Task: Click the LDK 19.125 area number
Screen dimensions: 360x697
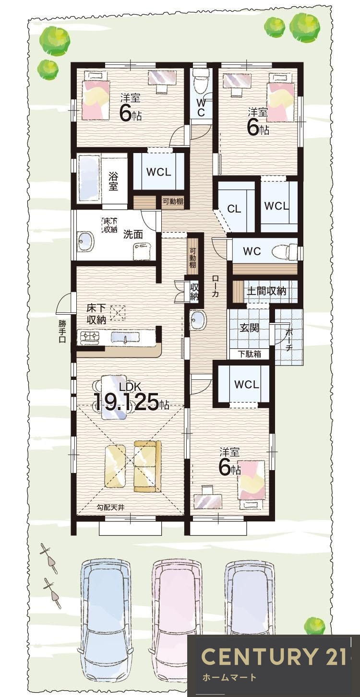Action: tap(128, 402)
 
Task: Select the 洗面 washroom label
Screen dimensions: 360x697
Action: tap(132, 234)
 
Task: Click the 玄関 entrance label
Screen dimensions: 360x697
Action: tap(250, 327)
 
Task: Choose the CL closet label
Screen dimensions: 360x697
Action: tap(234, 209)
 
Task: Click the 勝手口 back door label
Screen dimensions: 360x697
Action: tap(62, 331)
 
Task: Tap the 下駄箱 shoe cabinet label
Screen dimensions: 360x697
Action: tap(250, 354)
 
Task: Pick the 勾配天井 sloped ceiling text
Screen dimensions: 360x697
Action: tap(110, 508)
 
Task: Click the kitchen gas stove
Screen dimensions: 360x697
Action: tap(89, 337)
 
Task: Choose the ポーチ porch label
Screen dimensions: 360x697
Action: tap(288, 339)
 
